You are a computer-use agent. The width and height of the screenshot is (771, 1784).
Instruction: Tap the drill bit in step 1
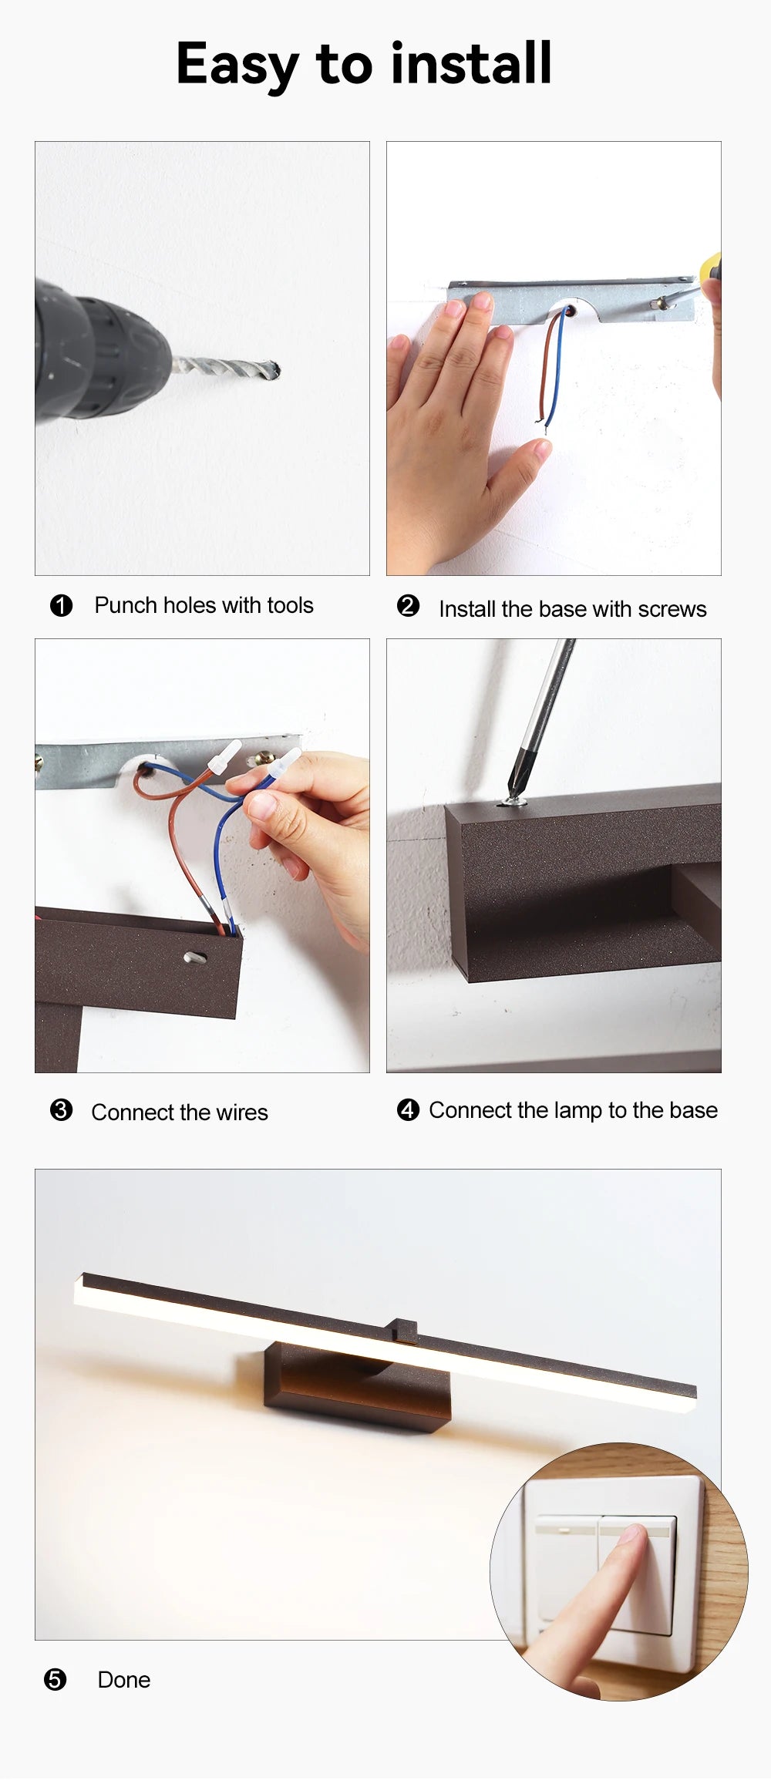click(225, 368)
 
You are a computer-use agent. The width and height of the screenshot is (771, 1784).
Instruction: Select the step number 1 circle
click(61, 605)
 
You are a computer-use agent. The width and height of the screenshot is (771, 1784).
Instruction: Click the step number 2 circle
click(408, 605)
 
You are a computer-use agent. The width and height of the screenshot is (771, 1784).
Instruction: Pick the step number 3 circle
click(61, 1110)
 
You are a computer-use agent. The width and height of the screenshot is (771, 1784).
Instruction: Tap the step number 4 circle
click(408, 1110)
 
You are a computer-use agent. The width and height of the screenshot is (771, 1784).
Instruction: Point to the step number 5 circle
click(55, 1679)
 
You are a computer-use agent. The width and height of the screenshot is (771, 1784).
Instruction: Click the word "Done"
click(123, 1680)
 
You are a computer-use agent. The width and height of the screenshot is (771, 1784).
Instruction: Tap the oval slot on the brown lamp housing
click(195, 958)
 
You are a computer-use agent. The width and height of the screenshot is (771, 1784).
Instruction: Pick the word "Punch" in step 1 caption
click(123, 605)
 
